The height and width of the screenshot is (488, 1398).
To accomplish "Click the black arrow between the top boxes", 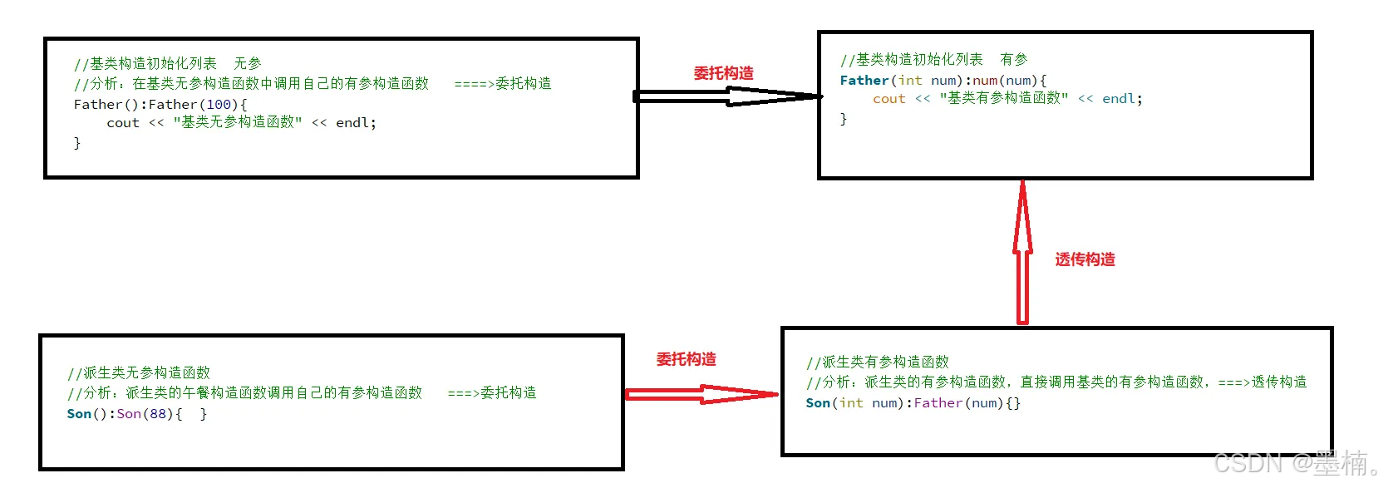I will pyautogui.click(x=728, y=96).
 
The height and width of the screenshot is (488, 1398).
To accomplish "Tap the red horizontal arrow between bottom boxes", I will pyautogui.click(x=701, y=394).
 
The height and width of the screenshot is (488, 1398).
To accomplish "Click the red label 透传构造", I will pyautogui.click(x=1085, y=259).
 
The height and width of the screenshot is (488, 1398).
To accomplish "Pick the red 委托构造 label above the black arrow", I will pyautogui.click(x=723, y=73).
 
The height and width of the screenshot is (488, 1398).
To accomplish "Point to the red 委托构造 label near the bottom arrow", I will pyautogui.click(x=686, y=359).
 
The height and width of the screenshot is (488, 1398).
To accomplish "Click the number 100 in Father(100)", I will pyautogui.click(x=219, y=105).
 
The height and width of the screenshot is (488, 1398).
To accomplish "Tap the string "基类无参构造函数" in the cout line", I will pyautogui.click(x=237, y=122).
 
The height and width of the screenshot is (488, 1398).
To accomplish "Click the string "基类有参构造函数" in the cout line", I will pyautogui.click(x=1003, y=98).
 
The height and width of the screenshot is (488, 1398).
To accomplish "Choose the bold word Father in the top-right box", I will pyautogui.click(x=864, y=81).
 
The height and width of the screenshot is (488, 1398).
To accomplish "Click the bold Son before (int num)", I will pyautogui.click(x=818, y=403).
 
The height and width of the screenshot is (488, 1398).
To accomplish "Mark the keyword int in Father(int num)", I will pyautogui.click(x=910, y=81).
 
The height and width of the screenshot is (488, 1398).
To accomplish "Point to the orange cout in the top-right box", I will pyautogui.click(x=889, y=99).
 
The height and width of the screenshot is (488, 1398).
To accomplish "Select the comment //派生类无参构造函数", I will pyautogui.click(x=139, y=372).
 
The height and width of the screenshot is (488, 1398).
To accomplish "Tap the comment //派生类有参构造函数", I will pyautogui.click(x=878, y=362).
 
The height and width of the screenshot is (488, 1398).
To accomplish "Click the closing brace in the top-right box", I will pyautogui.click(x=844, y=119).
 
